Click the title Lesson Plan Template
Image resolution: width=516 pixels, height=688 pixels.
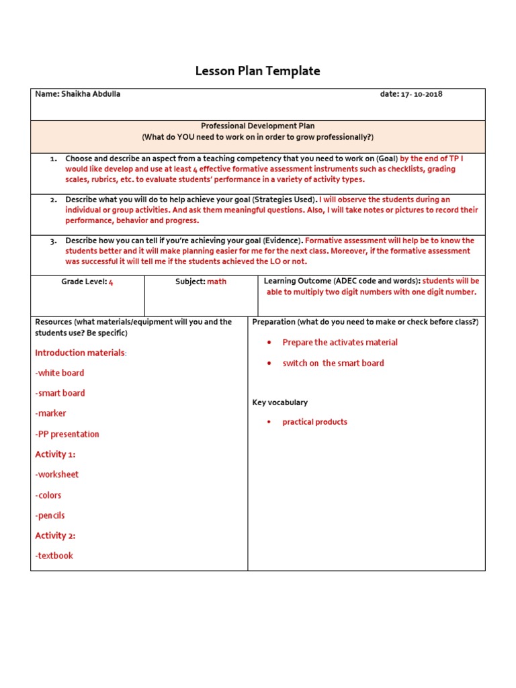pos(257,71)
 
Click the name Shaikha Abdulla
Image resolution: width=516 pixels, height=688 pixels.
pos(91,95)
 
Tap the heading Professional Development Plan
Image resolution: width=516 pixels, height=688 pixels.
pos(257,126)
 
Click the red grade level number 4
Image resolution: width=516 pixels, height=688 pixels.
pos(111,282)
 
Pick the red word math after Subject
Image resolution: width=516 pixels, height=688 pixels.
pos(217,282)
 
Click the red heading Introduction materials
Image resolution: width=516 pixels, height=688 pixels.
pos(80,353)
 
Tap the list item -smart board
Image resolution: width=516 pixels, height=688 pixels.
pos(60,393)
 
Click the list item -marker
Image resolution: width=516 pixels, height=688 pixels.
pos(51,413)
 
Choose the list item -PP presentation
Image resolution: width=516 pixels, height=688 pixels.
pos(67,434)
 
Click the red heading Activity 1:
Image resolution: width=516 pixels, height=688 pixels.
pos(55,454)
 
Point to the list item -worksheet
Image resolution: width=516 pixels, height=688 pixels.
pos(57,474)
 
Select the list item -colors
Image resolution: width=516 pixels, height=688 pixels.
pos(48,495)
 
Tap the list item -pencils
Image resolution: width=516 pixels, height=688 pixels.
pos(50,515)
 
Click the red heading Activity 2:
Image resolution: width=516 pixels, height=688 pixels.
pos(55,535)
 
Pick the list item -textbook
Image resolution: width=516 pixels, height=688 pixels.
pos(54,556)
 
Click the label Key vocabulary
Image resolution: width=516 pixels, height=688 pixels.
pos(279,402)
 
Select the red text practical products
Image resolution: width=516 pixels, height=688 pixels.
pos(314,422)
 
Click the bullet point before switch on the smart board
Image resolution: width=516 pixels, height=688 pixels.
pos(269,363)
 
